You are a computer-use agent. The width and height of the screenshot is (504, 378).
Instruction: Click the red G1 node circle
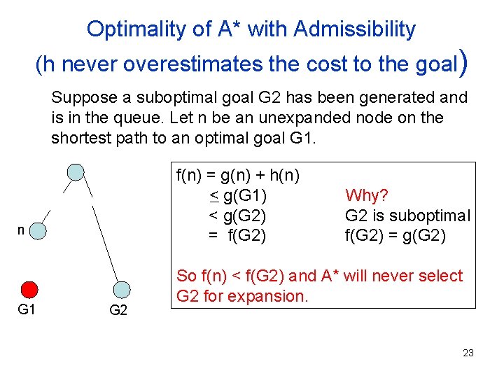coord(29,290)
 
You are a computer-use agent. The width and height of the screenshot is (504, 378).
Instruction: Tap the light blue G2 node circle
coord(121,289)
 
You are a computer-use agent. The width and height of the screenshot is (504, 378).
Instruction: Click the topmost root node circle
coord(76,171)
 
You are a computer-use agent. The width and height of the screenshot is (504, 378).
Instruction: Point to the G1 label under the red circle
coord(26,309)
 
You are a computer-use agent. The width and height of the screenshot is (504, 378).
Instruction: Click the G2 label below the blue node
coord(119,310)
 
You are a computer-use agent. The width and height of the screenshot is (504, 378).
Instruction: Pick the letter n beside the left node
coord(22,229)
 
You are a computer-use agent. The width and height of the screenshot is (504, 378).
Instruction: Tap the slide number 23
coord(468,353)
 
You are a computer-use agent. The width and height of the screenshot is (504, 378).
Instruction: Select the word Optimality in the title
coord(127,29)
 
